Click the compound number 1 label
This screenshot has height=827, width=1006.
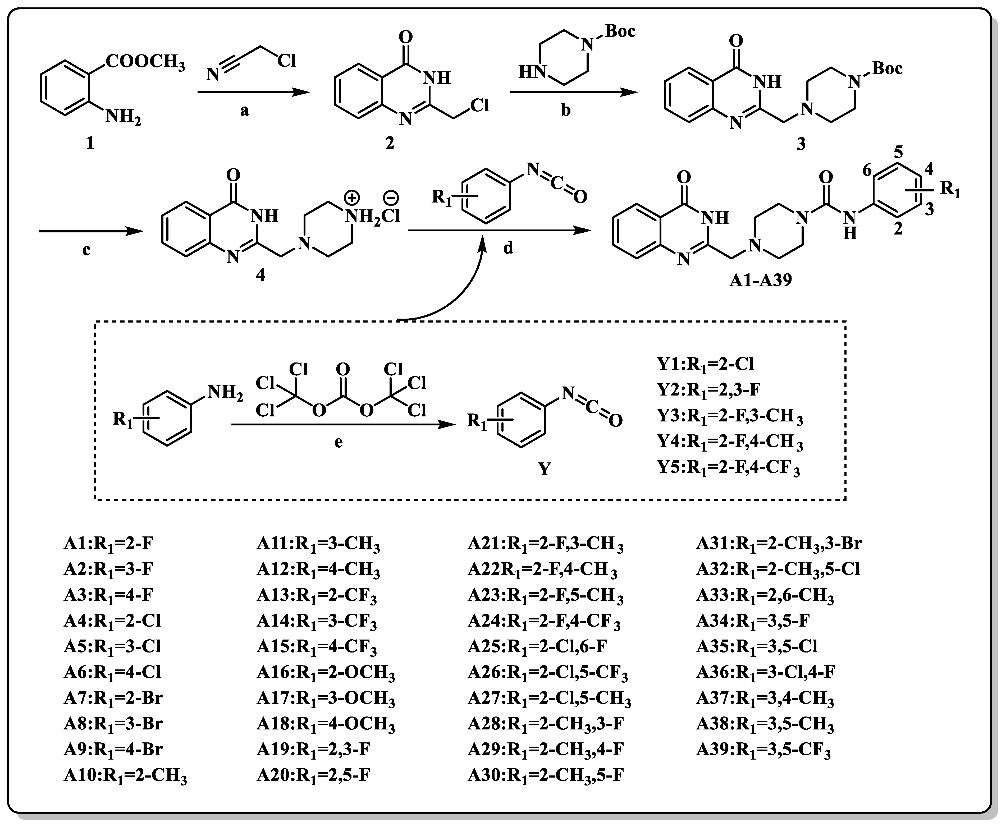(90, 143)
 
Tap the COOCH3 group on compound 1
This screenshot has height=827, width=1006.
(145, 62)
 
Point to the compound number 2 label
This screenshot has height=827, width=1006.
(390, 143)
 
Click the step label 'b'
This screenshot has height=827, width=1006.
(566, 111)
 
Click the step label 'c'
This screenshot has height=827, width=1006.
(86, 250)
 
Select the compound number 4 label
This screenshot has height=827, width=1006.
(260, 275)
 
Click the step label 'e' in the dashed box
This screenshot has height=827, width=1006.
(338, 442)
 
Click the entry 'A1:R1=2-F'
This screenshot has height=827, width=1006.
(109, 544)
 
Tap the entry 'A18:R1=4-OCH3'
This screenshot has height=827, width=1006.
(326, 725)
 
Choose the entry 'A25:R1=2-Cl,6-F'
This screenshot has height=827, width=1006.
(538, 646)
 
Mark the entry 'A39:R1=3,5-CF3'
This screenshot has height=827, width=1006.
(763, 751)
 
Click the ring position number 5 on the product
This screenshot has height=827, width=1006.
(898, 153)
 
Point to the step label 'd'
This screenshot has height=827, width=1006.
(509, 248)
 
